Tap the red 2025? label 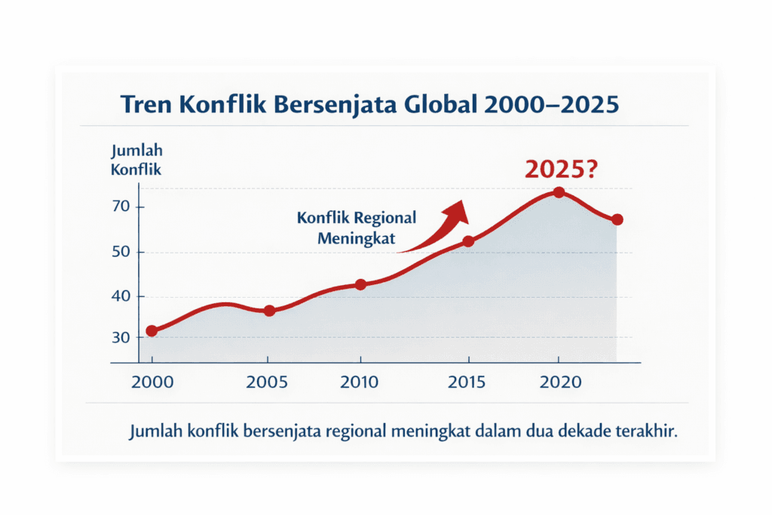(560, 170)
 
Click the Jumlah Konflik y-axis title (136, 160)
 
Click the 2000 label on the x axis (152, 382)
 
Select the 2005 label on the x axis (268, 382)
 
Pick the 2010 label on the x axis (360, 382)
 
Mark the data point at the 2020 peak (559, 192)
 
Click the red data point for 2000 (152, 331)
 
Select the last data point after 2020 (617, 219)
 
